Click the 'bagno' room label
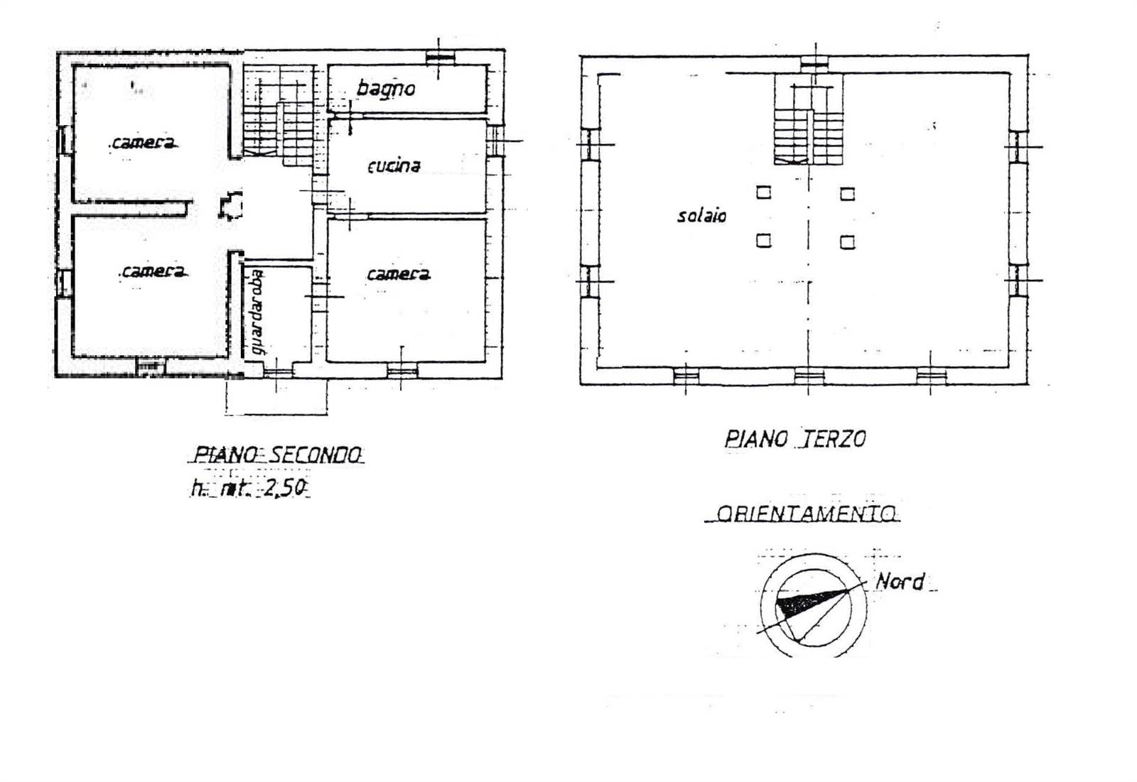click(x=386, y=89)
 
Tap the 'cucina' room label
click(x=394, y=166)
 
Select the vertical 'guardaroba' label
click(x=258, y=312)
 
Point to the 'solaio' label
click(x=701, y=216)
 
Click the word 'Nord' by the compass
click(x=900, y=582)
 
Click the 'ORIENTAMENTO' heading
click(x=806, y=514)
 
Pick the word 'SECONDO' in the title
click(x=314, y=455)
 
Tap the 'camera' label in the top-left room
click(x=144, y=143)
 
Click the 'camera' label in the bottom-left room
click(x=153, y=272)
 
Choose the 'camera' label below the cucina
click(x=399, y=275)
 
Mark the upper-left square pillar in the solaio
click(x=763, y=192)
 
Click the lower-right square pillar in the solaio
click(x=847, y=242)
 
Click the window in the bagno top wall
click(x=440, y=58)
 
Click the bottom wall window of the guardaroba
click(x=278, y=374)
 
